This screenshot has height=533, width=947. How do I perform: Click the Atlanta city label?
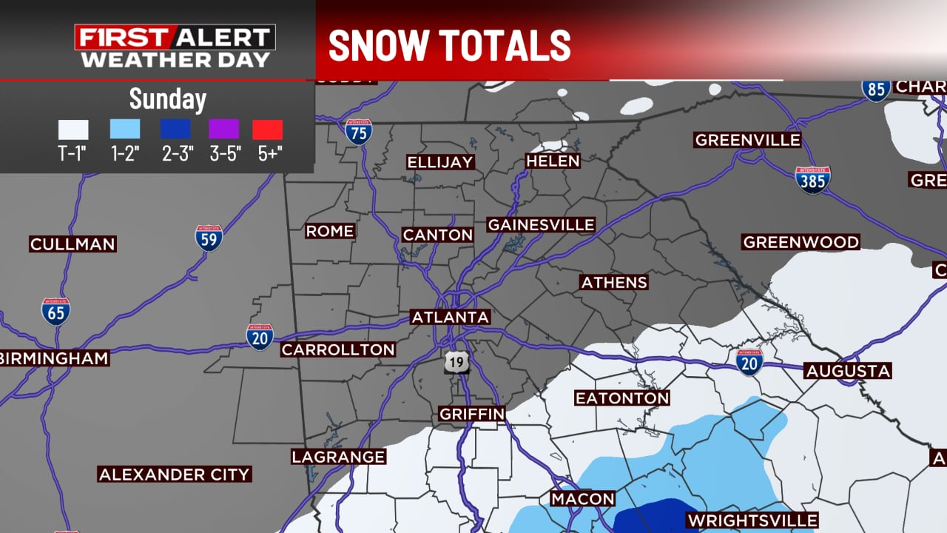click(451, 317)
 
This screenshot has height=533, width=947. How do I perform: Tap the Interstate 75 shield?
click(359, 131)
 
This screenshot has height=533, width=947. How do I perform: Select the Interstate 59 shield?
click(209, 237)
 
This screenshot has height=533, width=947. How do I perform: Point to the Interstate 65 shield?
click(55, 311)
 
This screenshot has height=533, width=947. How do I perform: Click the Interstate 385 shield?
click(812, 180)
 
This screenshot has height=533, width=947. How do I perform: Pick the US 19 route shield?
click(456, 363)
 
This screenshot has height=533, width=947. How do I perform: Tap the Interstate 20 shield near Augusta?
click(749, 362)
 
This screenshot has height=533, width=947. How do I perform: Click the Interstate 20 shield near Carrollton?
click(260, 336)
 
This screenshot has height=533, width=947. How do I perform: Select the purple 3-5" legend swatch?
click(223, 130)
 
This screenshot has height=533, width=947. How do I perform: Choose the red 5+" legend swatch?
click(267, 130)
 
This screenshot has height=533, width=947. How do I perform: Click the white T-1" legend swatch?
click(73, 130)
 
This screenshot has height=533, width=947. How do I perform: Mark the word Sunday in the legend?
click(168, 98)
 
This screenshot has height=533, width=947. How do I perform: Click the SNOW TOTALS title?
click(449, 46)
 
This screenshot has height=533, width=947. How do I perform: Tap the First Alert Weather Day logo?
click(175, 47)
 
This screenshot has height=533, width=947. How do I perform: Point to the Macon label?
click(582, 499)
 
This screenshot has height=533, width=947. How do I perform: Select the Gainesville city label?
click(541, 224)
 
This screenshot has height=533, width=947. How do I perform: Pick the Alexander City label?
click(175, 474)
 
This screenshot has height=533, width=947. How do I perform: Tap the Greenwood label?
click(801, 242)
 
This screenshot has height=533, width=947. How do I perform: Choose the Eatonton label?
click(622, 398)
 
